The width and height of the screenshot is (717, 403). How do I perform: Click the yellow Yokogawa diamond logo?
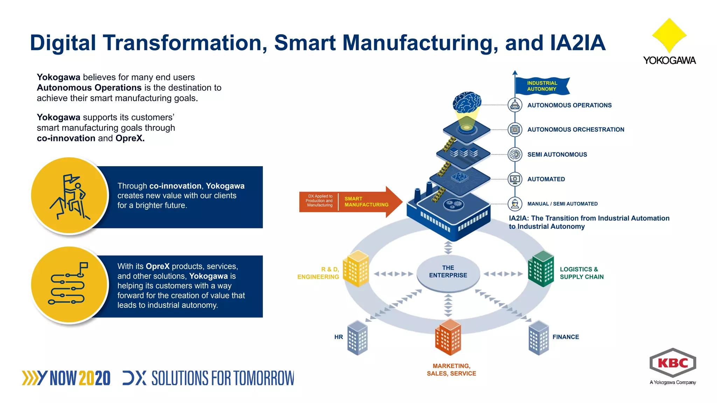click(669, 35)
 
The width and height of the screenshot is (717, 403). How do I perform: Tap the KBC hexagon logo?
click(673, 363)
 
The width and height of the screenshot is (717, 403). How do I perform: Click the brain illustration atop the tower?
click(467, 102)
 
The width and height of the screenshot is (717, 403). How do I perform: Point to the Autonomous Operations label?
click(569, 105)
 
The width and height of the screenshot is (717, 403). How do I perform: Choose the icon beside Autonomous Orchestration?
click(515, 129)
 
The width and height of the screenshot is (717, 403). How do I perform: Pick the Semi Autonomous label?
click(557, 155)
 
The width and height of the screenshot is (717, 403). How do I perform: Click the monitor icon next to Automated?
click(515, 179)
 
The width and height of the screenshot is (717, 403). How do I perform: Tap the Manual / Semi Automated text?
click(562, 204)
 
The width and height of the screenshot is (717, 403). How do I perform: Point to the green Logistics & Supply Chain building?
click(541, 269)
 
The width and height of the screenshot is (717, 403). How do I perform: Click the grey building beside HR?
click(357, 338)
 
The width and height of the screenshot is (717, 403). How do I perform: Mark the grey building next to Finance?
click(538, 338)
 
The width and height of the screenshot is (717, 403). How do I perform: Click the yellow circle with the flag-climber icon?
click(69, 195)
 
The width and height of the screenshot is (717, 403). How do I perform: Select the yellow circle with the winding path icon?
click(69, 284)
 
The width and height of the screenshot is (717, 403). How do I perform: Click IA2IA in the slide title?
click(578, 43)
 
